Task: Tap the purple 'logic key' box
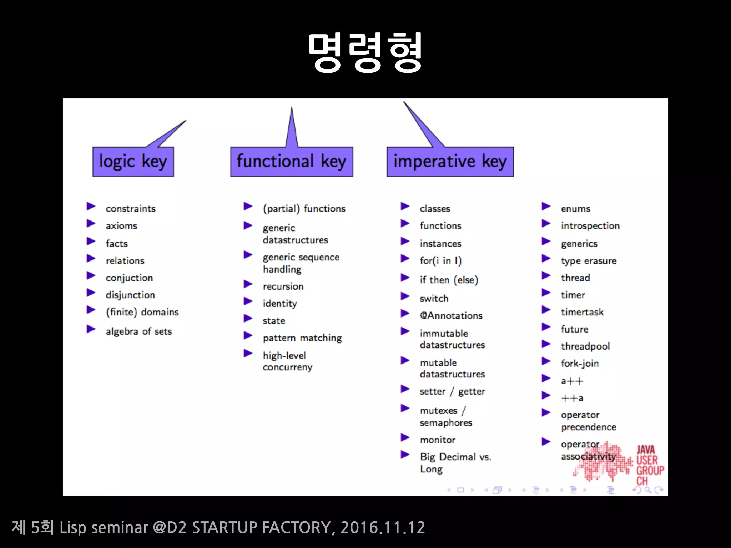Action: pyautogui.click(x=133, y=162)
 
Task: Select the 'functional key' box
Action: pyautogui.click(x=291, y=162)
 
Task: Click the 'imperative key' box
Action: pyautogui.click(x=450, y=162)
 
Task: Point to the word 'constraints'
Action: pyautogui.click(x=131, y=209)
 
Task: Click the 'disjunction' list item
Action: pyautogui.click(x=130, y=295)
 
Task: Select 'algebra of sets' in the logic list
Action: pyautogui.click(x=139, y=331)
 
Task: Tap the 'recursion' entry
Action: pyautogui.click(x=283, y=286)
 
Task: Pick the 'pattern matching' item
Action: pyautogui.click(x=302, y=338)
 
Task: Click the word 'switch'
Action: pyautogui.click(x=434, y=299)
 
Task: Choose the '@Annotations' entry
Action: pyautogui.click(x=451, y=316)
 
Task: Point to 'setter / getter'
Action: pyautogui.click(x=452, y=391)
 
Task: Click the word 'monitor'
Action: pyautogui.click(x=438, y=440)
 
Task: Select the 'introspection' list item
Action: pyautogui.click(x=590, y=226)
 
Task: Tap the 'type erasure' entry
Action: pyautogui.click(x=589, y=261)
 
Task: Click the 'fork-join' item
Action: pyautogui.click(x=580, y=364)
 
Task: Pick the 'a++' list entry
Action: pyautogui.click(x=572, y=381)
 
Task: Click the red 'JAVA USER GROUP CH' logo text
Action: pyautogui.click(x=650, y=465)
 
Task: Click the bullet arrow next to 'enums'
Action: pyautogui.click(x=546, y=206)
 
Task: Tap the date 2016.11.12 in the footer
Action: pyautogui.click(x=383, y=527)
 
